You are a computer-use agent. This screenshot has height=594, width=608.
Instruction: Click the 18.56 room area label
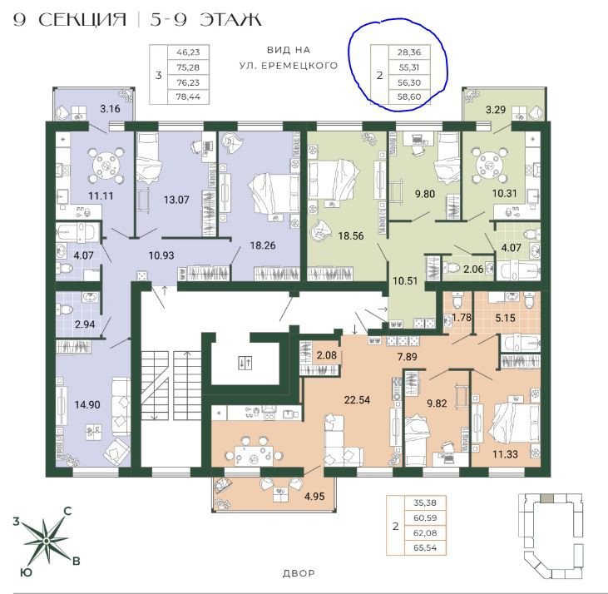pyautogui.click(x=350, y=235)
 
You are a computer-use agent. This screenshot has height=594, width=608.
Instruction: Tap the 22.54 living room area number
pyautogui.click(x=357, y=400)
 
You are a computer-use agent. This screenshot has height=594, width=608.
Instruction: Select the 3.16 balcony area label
pyautogui.click(x=110, y=108)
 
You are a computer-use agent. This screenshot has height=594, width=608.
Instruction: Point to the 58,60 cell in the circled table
pyautogui.click(x=409, y=97)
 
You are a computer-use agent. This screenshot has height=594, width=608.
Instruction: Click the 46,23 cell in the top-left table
pyautogui.click(x=188, y=52)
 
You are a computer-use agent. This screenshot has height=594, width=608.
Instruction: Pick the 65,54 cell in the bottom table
pyautogui.click(x=425, y=548)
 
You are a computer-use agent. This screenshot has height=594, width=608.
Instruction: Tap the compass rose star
pyautogui.click(x=46, y=540)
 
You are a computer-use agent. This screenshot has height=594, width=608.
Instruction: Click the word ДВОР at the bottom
pyautogui.click(x=299, y=573)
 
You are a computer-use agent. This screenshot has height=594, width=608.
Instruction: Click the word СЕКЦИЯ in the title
pyautogui.click(x=82, y=20)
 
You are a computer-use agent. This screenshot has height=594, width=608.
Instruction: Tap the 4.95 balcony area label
pyautogui.click(x=314, y=496)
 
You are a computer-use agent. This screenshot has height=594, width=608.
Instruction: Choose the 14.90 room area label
pyautogui.click(x=87, y=405)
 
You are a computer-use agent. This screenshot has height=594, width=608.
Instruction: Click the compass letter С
pyautogui.click(x=67, y=511)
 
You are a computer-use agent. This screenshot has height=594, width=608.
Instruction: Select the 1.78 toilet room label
pyautogui.click(x=462, y=318)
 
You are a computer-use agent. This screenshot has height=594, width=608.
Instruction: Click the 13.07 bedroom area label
pyautogui.click(x=176, y=200)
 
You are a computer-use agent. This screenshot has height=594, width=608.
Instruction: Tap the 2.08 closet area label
pyautogui.click(x=327, y=354)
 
